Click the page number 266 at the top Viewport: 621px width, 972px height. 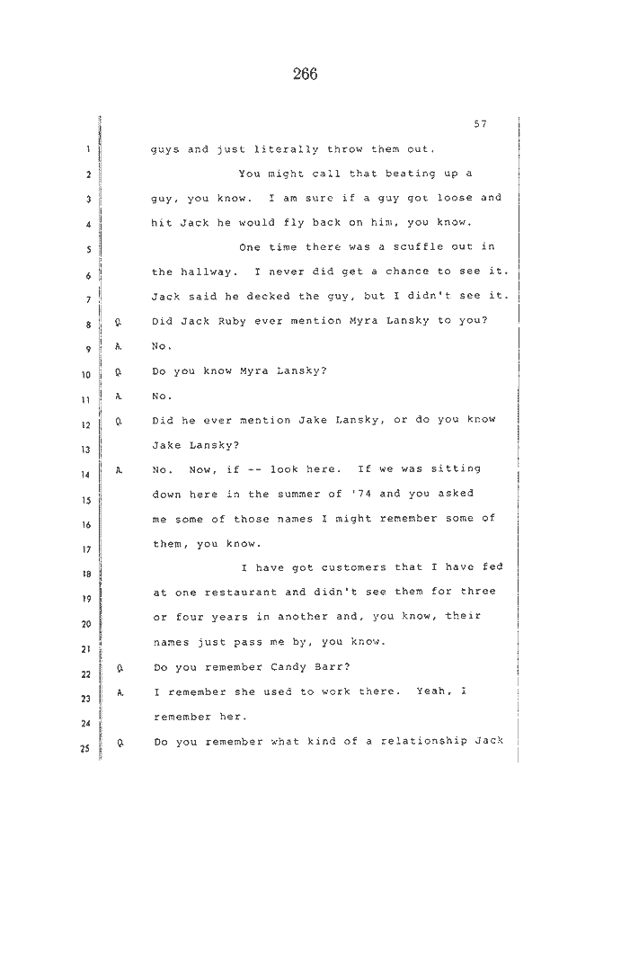pyautogui.click(x=305, y=75)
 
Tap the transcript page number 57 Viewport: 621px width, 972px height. pyautogui.click(x=480, y=124)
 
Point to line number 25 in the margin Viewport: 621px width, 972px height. pyautogui.click(x=84, y=748)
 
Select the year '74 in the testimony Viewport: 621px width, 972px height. pyautogui.click(x=360, y=494)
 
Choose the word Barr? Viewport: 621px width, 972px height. pyautogui.click(x=334, y=667)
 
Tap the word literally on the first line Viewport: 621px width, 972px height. pyautogui.click(x=287, y=149)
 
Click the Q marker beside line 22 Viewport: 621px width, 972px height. pyautogui.click(x=120, y=668)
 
